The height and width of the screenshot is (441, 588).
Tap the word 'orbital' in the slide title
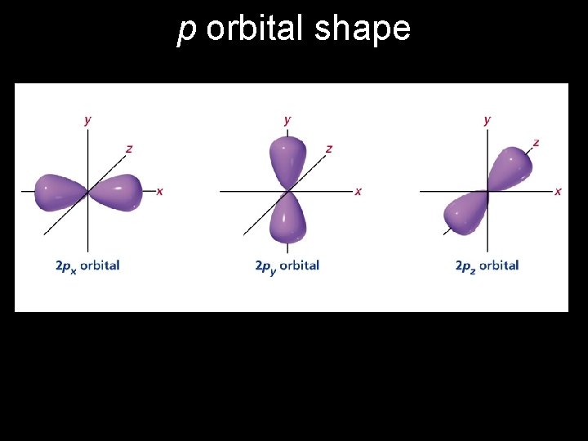click(252, 29)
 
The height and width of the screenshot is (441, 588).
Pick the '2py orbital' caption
click(287, 265)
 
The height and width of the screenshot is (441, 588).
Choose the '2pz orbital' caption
click(487, 265)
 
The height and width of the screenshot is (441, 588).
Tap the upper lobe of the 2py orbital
click(287, 160)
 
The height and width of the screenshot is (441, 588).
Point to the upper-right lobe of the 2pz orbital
click(510, 169)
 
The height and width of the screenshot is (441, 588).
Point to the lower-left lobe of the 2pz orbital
click(465, 213)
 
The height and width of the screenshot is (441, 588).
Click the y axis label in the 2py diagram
click(287, 120)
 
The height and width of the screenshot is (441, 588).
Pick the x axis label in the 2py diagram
click(358, 191)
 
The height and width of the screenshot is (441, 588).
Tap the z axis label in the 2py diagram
click(329, 149)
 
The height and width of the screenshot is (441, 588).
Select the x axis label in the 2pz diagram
click(558, 191)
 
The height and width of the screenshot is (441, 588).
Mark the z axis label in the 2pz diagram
click(536, 142)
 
